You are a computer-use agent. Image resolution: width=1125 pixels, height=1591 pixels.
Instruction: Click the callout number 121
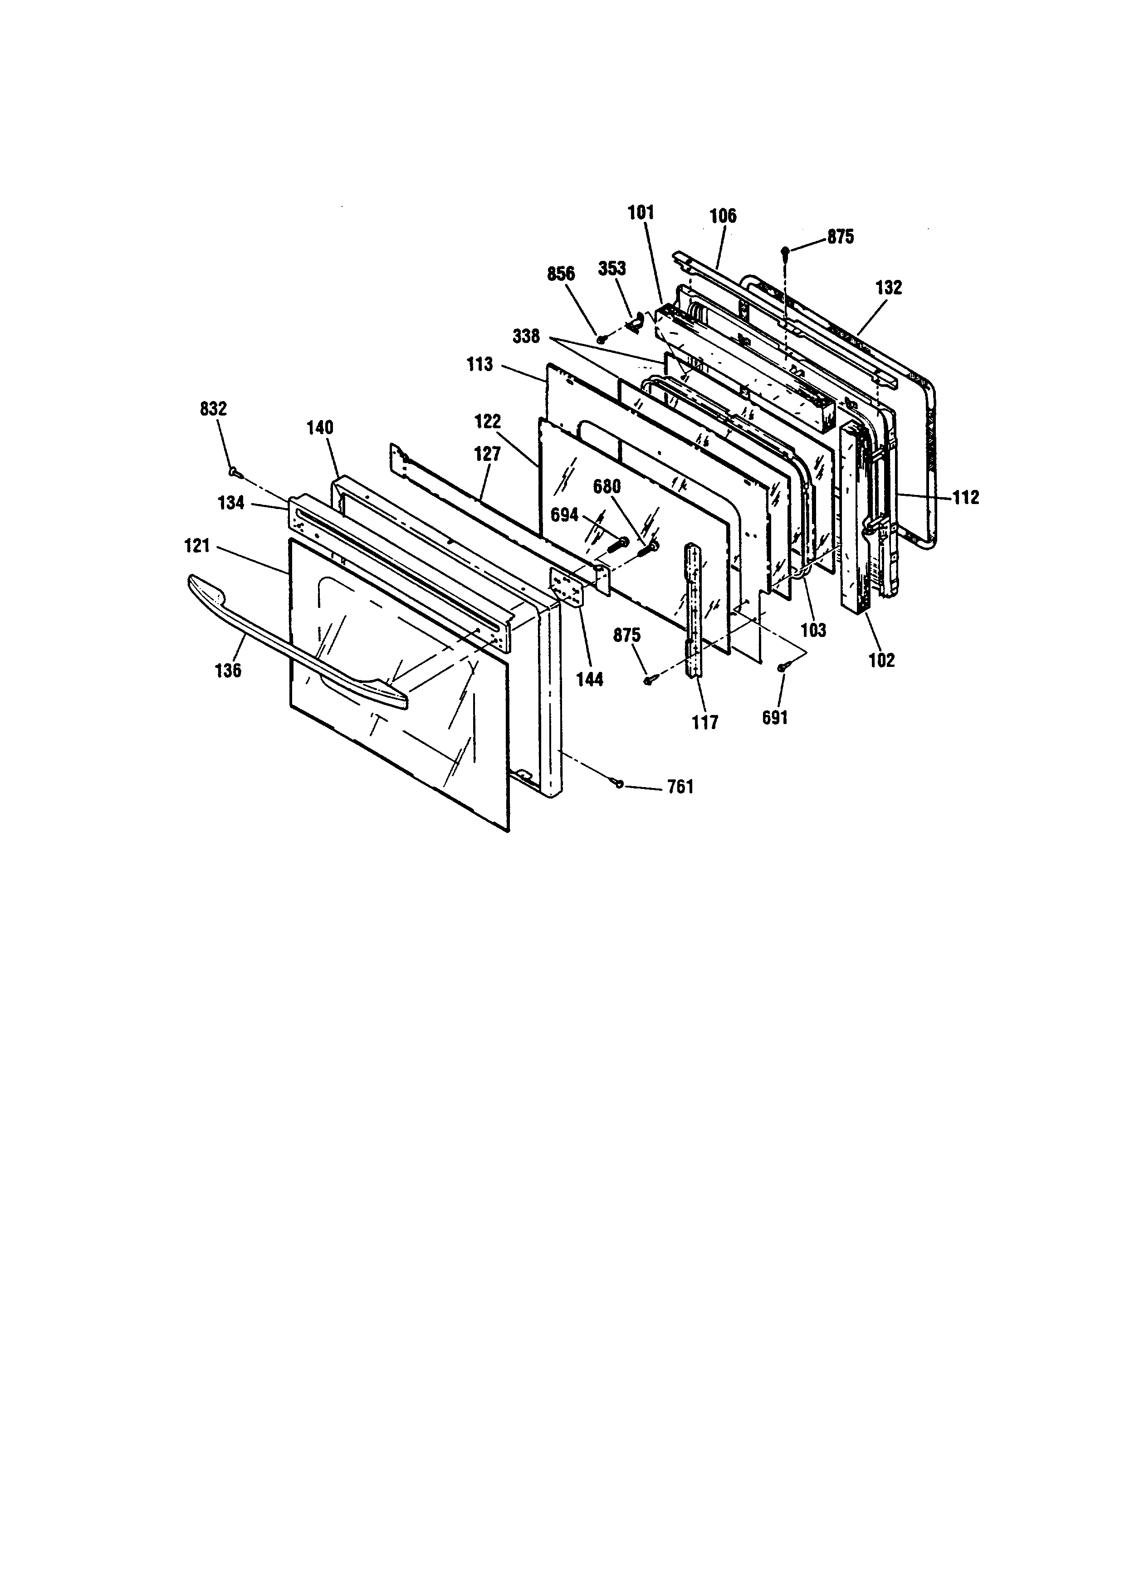(x=197, y=547)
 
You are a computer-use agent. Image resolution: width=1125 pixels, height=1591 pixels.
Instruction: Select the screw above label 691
(x=782, y=666)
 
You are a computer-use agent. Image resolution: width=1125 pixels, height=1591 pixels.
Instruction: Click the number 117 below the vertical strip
(x=705, y=723)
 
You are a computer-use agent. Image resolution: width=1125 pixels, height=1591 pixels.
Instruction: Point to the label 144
(x=590, y=680)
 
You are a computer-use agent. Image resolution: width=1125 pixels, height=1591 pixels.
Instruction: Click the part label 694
(x=565, y=515)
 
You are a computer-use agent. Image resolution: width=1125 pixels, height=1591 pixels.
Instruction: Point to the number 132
(x=889, y=287)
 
